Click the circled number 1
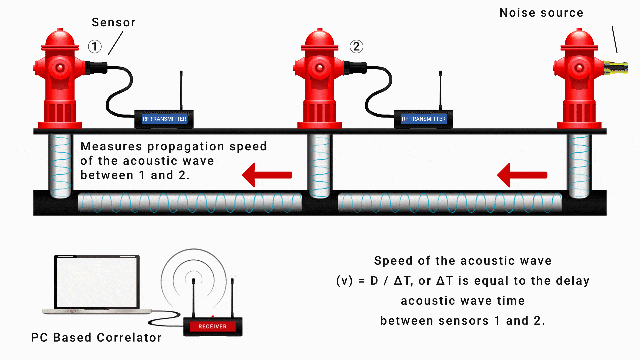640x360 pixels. point(95,47)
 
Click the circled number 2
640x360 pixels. point(356,47)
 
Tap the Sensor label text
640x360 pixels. point(114,22)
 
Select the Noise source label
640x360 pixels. point(541,13)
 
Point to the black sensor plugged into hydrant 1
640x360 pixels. point(96,68)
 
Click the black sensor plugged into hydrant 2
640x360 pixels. point(355,68)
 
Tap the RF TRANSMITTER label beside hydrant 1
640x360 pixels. point(164,119)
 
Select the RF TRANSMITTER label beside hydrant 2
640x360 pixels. point(423,119)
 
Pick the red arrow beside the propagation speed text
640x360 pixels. point(267,175)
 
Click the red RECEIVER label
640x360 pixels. point(212,326)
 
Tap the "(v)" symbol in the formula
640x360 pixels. point(344,281)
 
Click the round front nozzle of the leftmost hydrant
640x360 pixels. point(60,68)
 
